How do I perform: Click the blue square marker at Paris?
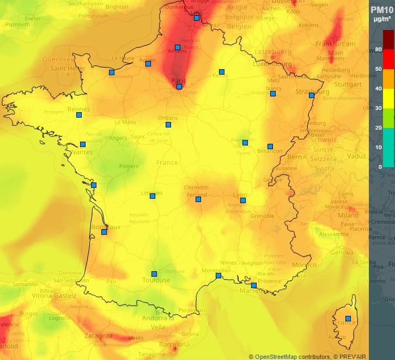click(179, 86)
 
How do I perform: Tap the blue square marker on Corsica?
click(348, 318)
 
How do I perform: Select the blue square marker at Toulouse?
click(154, 274)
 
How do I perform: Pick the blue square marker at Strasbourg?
click(311, 95)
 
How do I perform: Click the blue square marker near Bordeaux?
click(104, 232)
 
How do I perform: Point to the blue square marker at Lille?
click(197, 18)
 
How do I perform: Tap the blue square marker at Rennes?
click(79, 114)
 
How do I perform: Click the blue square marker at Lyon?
click(243, 200)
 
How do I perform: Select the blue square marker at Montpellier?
click(218, 276)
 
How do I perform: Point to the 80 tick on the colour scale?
click(378, 50)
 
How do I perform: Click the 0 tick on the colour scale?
click(380, 167)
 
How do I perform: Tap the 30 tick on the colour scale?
click(378, 108)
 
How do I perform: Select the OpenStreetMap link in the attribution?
click(276, 356)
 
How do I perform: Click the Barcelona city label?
click(174, 345)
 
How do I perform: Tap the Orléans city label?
click(167, 118)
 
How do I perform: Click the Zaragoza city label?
click(99, 336)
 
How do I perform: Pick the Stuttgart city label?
click(348, 84)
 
